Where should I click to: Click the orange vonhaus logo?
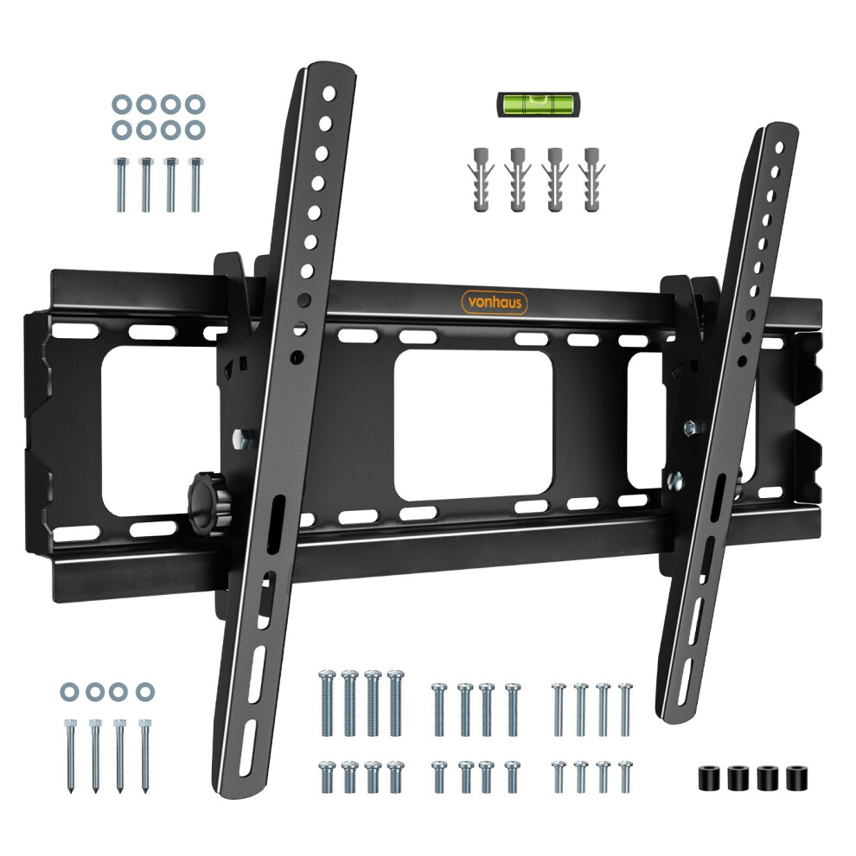point(495,303)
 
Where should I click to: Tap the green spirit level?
point(539,104)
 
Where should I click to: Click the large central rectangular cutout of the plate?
point(473,425)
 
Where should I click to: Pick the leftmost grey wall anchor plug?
point(481,179)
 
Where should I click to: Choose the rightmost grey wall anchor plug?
point(591,179)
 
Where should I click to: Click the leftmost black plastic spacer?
point(710,778)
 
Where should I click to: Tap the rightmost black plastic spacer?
point(796,778)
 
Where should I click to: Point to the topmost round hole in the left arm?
point(329,93)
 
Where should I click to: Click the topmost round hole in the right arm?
point(779,147)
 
